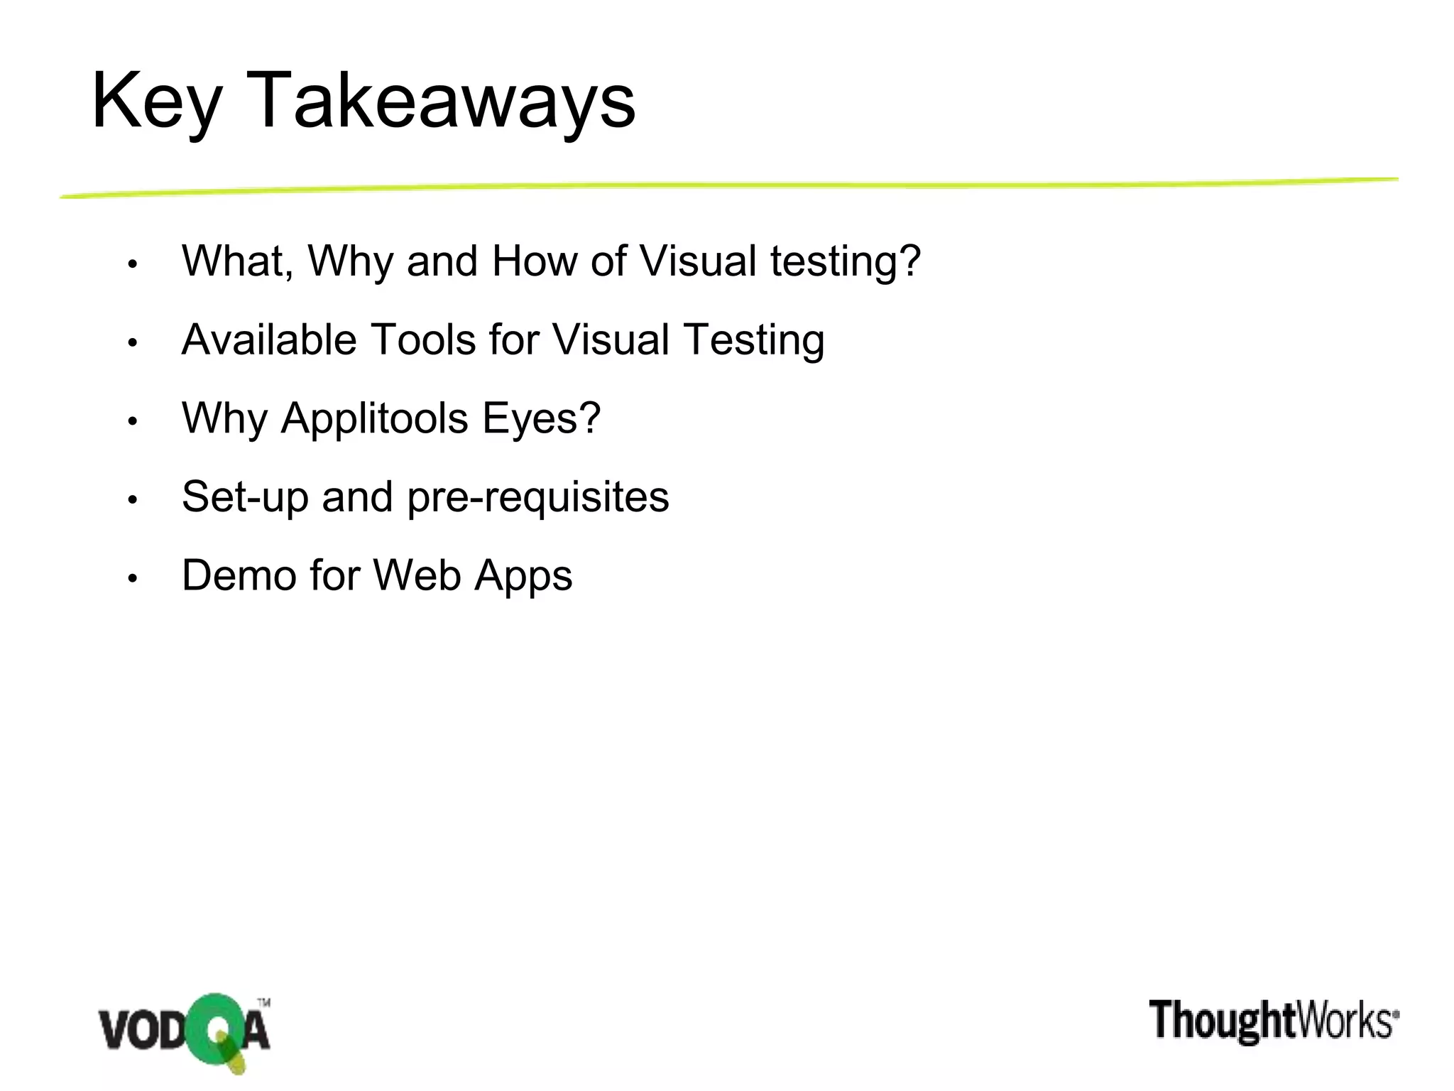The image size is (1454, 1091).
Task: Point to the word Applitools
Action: point(375,418)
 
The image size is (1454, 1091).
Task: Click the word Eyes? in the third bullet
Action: point(542,418)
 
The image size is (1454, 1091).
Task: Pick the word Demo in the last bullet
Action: point(239,575)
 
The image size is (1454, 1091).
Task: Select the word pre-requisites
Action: point(538,498)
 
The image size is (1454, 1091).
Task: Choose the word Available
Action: point(269,340)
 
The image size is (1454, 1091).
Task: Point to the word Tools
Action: point(423,340)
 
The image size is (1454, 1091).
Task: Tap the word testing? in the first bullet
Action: point(846,262)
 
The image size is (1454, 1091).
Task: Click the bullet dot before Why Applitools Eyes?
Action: point(132,422)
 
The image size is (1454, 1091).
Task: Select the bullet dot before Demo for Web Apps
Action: point(132,579)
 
